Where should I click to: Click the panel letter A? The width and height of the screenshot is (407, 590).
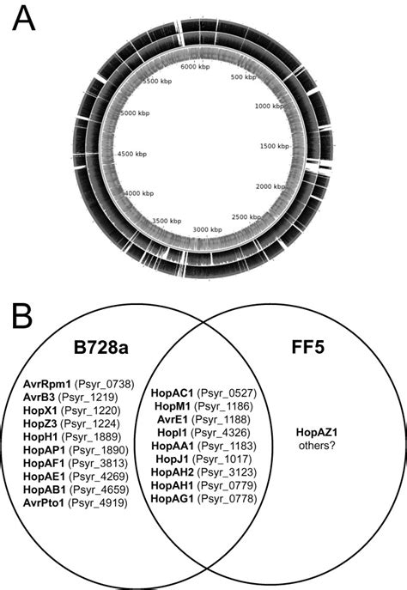pos(23,20)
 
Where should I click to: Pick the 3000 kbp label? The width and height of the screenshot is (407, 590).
pos(204,230)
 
